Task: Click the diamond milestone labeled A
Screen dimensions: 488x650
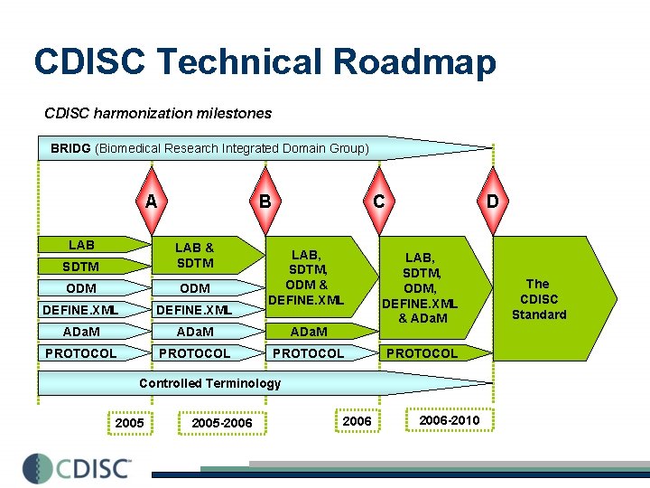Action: pyautogui.click(x=151, y=201)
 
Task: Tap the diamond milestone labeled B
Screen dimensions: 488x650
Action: pyautogui.click(x=265, y=201)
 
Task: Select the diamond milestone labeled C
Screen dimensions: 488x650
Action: pyautogui.click(x=378, y=201)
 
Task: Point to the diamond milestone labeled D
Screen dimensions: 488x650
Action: pyautogui.click(x=492, y=201)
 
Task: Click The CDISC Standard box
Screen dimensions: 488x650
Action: pyautogui.click(x=547, y=299)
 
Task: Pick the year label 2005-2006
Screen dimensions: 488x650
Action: pyautogui.click(x=222, y=423)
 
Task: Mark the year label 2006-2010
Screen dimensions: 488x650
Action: pyautogui.click(x=450, y=420)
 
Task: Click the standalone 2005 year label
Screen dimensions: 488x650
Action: pyautogui.click(x=130, y=423)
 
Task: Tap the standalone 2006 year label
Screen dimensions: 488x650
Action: pyautogui.click(x=357, y=421)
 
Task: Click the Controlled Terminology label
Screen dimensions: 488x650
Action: pyautogui.click(x=209, y=383)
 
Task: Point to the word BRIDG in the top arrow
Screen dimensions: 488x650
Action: pyautogui.click(x=70, y=148)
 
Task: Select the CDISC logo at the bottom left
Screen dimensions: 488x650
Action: pyautogui.click(x=78, y=467)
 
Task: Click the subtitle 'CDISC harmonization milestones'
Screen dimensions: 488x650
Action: pyautogui.click(x=158, y=114)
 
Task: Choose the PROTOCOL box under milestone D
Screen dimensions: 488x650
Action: pyautogui.click(x=422, y=353)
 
